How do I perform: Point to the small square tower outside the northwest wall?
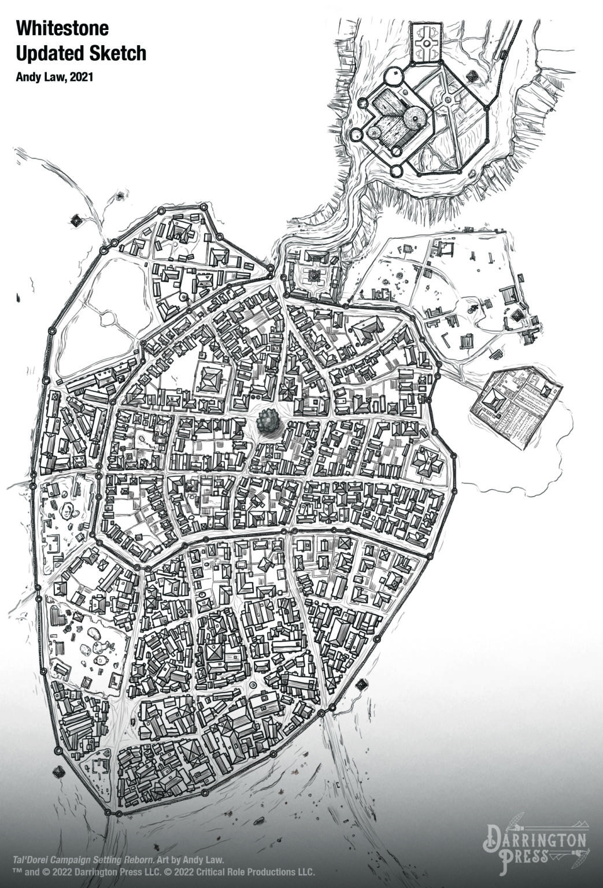click(x=76, y=220)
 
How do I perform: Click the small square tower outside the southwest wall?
click(x=58, y=772)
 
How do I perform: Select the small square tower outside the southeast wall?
click(x=362, y=685)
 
